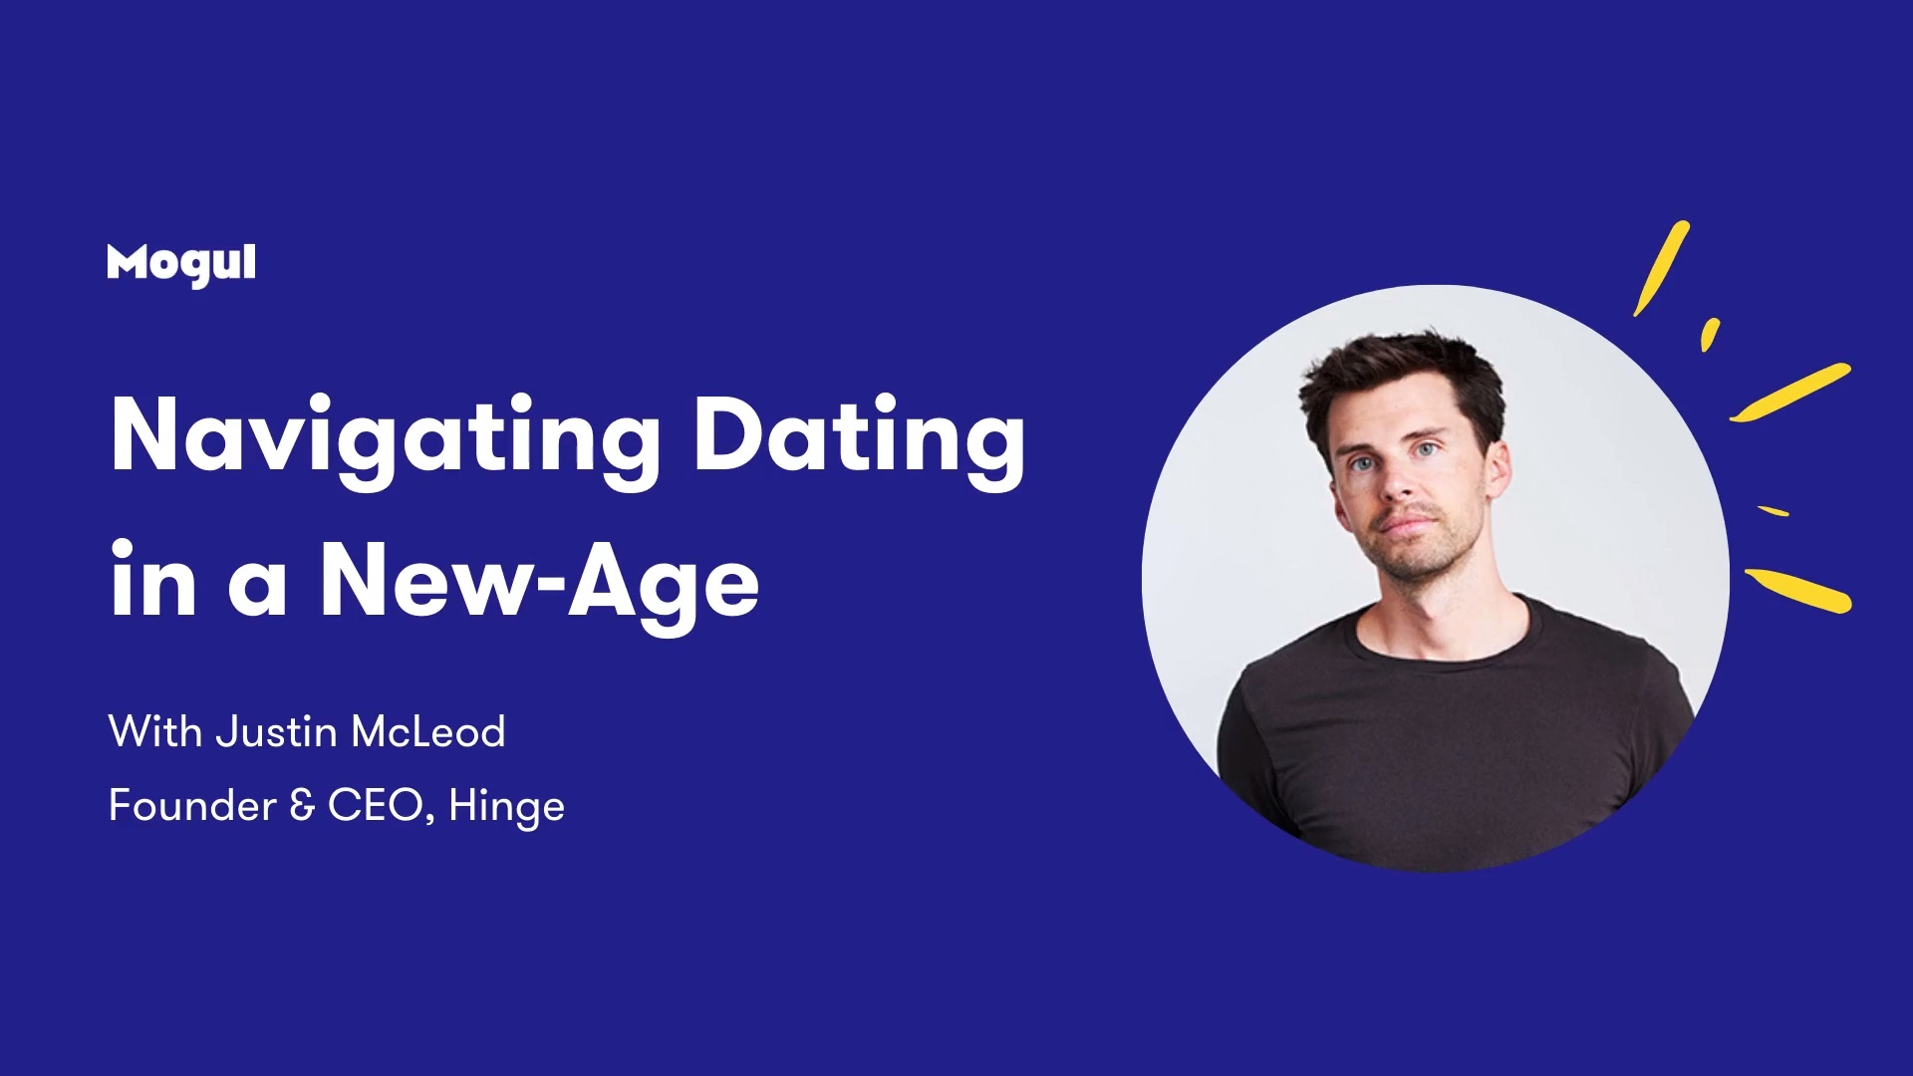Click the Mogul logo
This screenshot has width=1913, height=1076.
pyautogui.click(x=181, y=264)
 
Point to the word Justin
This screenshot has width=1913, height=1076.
pyautogui.click(x=277, y=731)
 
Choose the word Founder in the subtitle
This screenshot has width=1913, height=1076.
pyautogui.click(x=192, y=805)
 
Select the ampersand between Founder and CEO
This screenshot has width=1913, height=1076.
pyautogui.click(x=302, y=805)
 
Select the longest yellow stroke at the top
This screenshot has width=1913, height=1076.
pyautogui.click(x=1662, y=268)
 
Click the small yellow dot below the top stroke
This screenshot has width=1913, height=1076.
pyautogui.click(x=1710, y=334)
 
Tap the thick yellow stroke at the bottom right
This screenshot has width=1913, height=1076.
pyautogui.click(x=1798, y=589)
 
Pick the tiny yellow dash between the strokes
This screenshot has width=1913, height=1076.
pyautogui.click(x=1774, y=511)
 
